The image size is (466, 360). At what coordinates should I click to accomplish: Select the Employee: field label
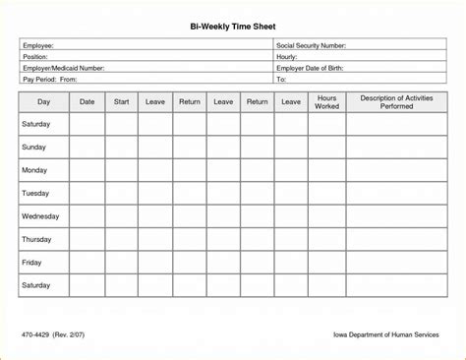38,46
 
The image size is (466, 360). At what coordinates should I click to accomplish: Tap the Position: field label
35,57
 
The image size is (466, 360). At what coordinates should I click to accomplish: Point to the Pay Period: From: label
50,79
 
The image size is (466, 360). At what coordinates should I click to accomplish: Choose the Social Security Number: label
324,46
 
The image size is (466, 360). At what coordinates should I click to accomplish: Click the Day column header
43,101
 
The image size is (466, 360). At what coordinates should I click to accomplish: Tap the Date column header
87,101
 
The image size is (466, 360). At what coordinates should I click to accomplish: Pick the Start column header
121,101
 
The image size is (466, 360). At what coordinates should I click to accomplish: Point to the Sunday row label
35,147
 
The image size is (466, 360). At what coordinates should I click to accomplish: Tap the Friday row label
32,262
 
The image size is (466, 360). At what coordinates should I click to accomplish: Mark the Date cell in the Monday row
87,169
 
